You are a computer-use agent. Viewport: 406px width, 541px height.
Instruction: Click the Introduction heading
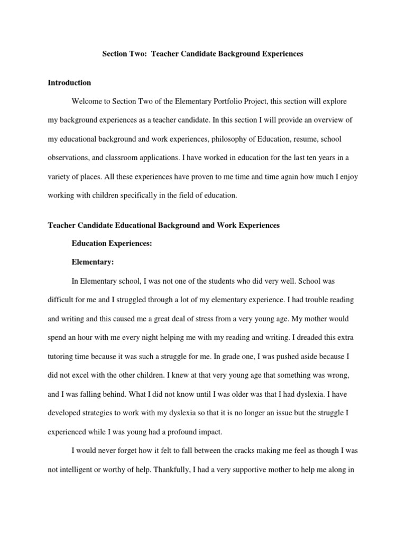click(69, 82)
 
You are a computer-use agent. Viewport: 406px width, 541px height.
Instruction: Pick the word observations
click(67, 158)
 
